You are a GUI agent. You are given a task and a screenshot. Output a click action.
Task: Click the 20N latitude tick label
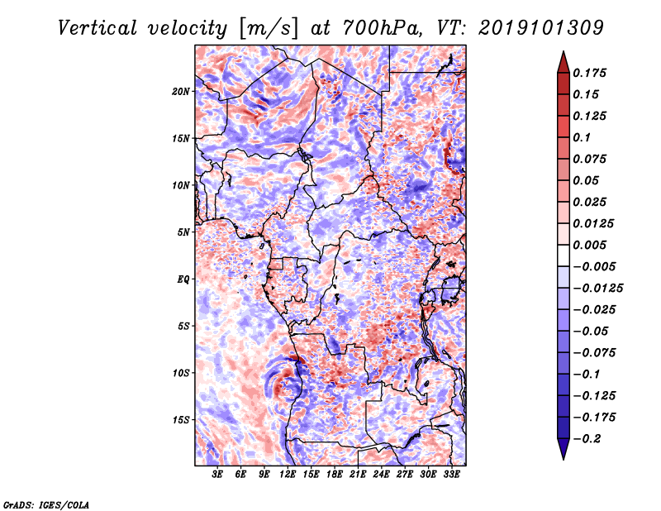click(181, 91)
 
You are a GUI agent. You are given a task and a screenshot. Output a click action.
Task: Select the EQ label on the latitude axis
click(183, 279)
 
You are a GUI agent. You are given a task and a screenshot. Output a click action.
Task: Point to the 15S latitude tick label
click(181, 419)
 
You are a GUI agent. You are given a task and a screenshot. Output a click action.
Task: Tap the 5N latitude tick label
click(183, 232)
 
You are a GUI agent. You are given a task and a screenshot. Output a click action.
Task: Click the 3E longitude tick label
click(218, 475)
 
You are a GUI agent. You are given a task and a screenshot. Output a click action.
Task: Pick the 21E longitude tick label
click(358, 475)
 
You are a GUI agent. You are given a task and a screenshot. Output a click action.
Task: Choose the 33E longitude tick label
click(451, 475)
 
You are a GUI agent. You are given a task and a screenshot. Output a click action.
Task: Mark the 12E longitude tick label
click(288, 475)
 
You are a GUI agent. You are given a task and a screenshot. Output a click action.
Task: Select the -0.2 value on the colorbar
click(592, 438)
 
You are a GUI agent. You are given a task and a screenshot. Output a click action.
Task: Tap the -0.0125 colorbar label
click(601, 288)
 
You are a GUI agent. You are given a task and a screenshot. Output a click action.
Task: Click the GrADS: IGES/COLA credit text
click(45, 504)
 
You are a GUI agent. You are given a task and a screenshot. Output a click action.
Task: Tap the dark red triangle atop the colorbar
click(562, 60)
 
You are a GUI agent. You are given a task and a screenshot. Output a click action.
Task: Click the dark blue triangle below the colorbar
click(562, 450)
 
